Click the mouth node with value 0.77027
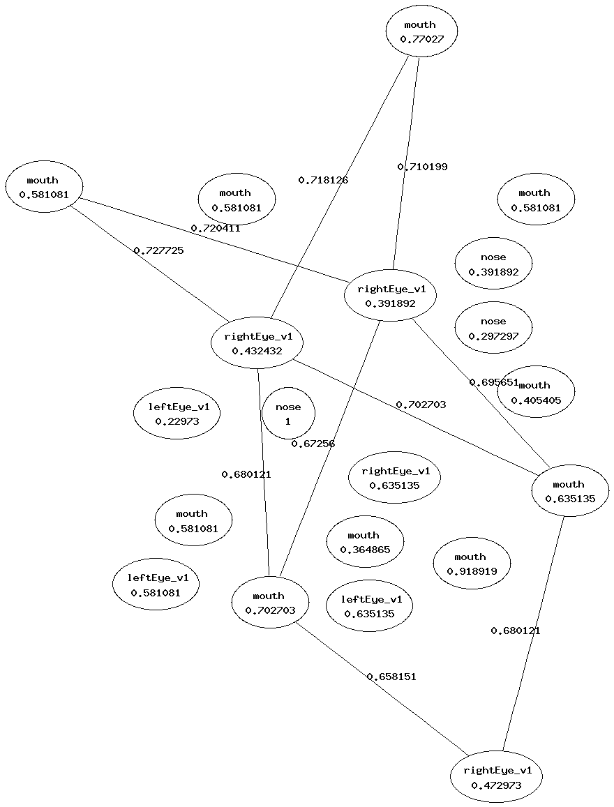[x=421, y=32]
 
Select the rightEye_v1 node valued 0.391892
[x=390, y=296]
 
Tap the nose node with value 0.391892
[x=493, y=264]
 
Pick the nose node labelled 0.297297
[x=493, y=328]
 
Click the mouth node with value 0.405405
[x=536, y=393]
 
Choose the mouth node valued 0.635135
[x=569, y=491]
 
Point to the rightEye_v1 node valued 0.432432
[x=257, y=343]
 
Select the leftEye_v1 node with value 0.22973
[x=177, y=414]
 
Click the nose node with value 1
[x=288, y=414]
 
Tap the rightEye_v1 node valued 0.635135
[x=394, y=478]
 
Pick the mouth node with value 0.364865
[x=364, y=542]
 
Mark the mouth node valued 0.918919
[x=471, y=564]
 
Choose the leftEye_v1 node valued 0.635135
[x=369, y=606]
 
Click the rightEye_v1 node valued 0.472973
[x=496, y=778]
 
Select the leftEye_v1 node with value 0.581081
[x=156, y=584]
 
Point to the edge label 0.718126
[x=323, y=180]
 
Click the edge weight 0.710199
[x=422, y=167]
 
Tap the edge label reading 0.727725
[x=158, y=250]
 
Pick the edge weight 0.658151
[x=391, y=677]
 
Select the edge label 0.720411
[x=216, y=228]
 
